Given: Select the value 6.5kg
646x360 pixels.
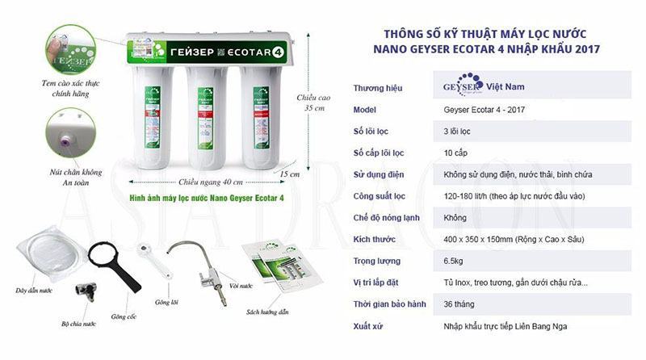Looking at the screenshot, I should coord(454,261).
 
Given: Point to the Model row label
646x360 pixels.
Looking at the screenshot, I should coord(367,109).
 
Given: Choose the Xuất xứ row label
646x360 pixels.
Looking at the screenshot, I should coord(369,326).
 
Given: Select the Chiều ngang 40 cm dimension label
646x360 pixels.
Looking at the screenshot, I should coord(210,182).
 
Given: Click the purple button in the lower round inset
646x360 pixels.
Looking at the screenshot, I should coord(61,139).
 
